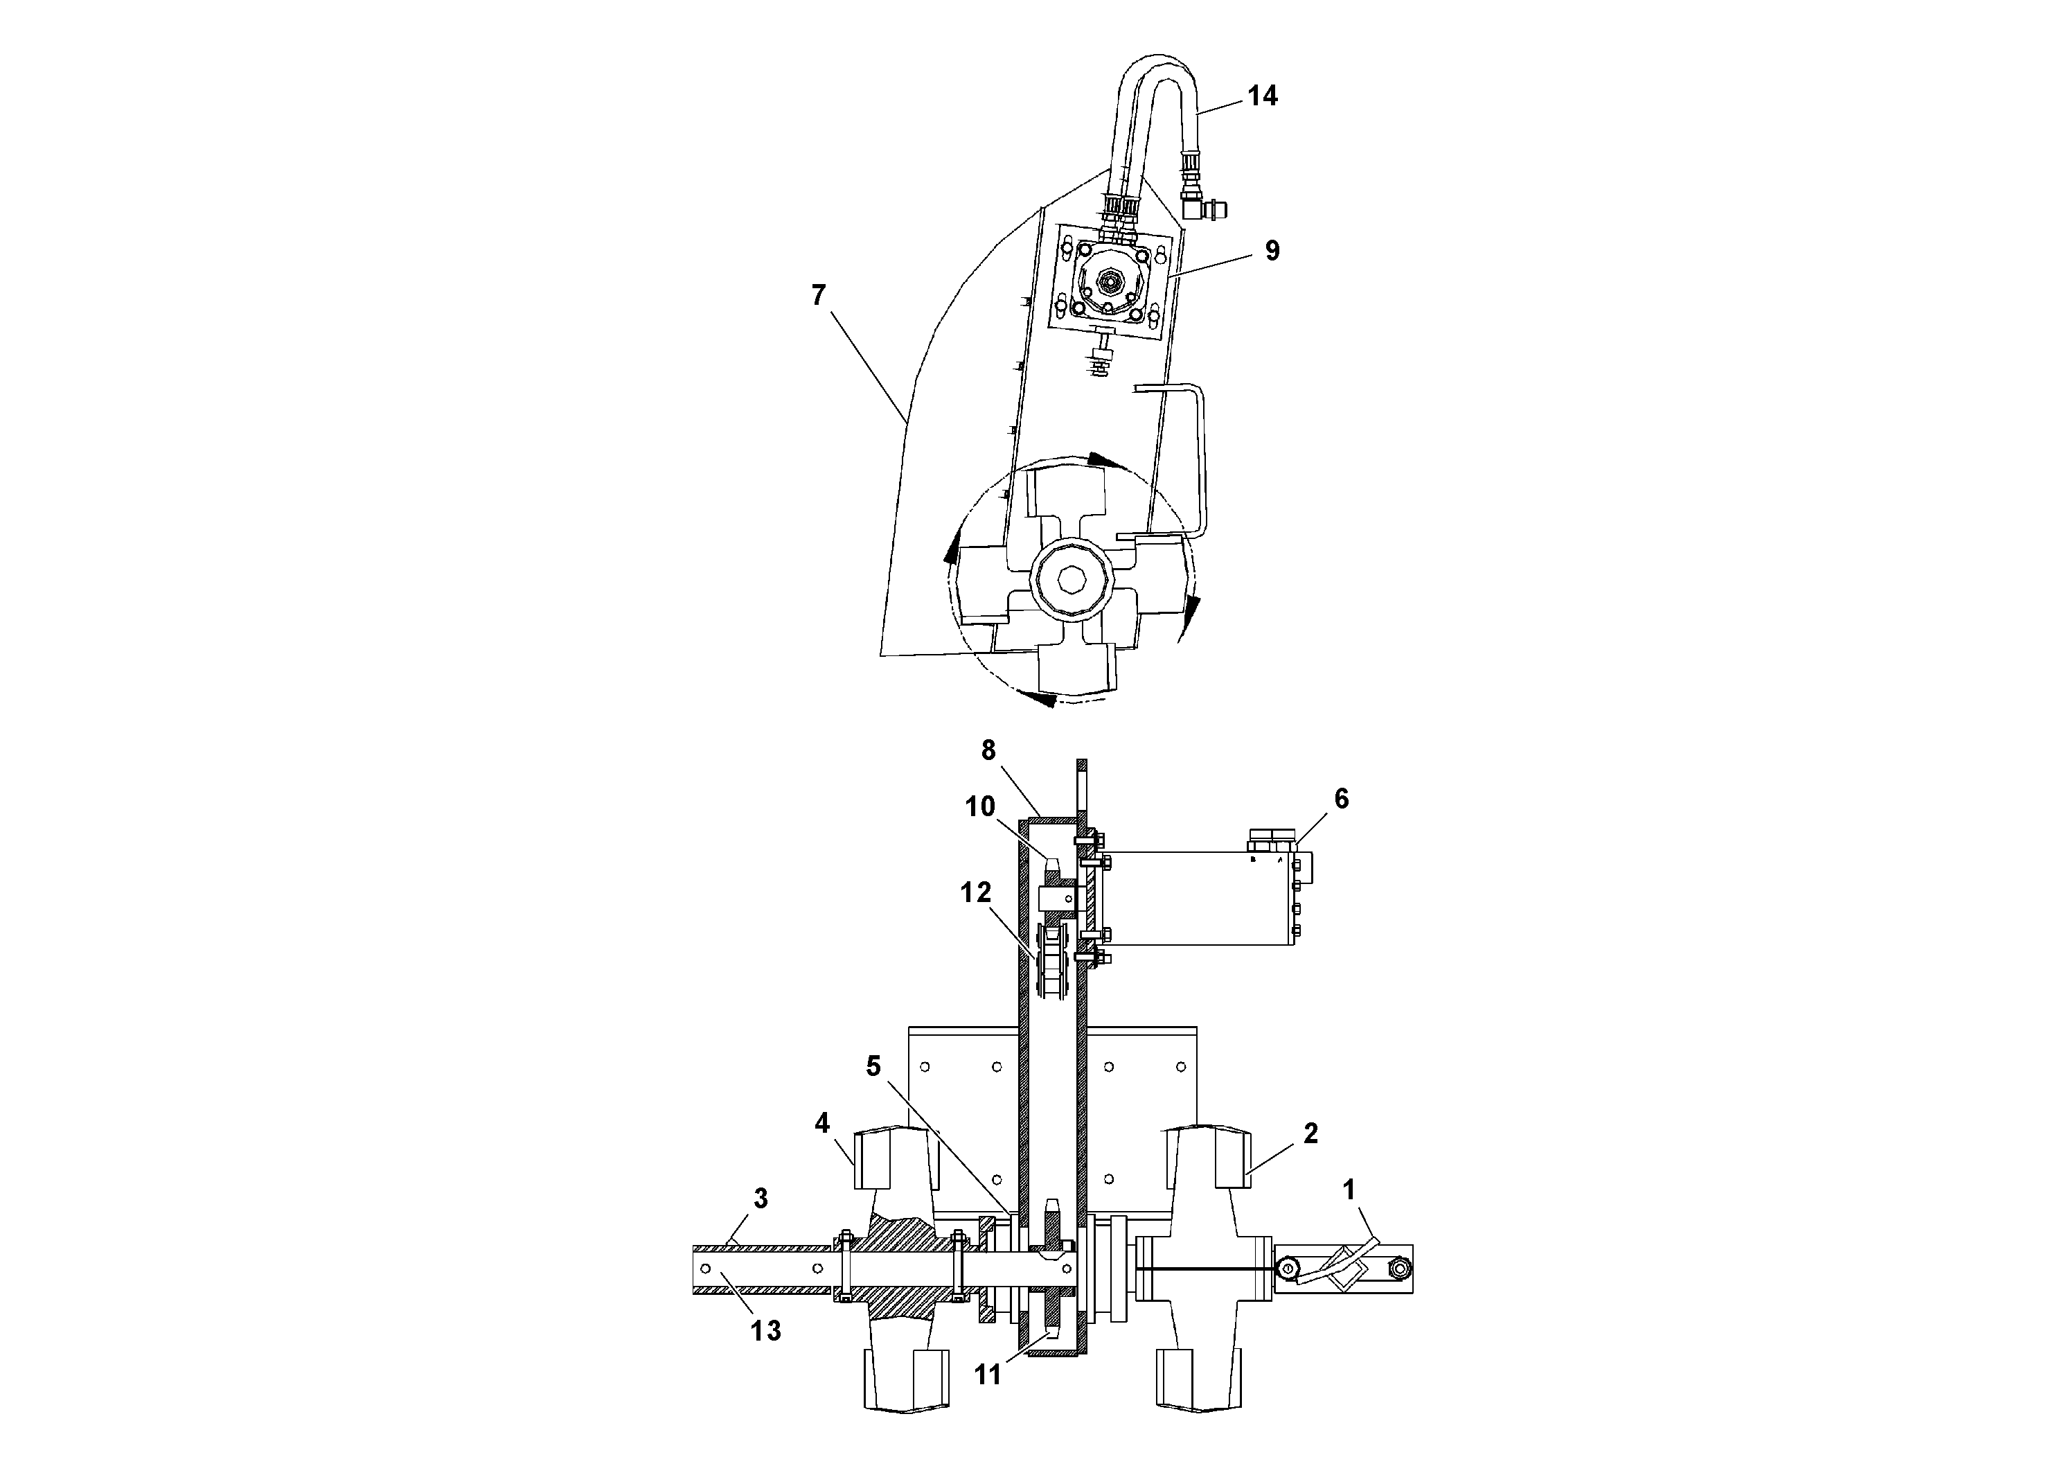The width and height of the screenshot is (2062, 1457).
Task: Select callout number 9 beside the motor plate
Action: [1272, 251]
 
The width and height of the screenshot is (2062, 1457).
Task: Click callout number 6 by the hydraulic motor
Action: [1341, 799]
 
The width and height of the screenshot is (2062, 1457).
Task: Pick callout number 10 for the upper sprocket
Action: [980, 806]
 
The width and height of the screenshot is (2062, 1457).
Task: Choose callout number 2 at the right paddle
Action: [1310, 1133]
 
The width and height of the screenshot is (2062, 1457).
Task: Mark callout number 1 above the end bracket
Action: [1348, 1190]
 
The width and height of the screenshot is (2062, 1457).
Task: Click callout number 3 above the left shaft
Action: [760, 1199]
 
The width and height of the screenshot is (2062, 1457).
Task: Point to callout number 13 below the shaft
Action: [765, 1330]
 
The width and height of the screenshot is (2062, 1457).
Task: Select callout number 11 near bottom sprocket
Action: [987, 1375]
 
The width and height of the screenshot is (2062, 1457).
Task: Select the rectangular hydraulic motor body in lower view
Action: [1194, 899]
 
